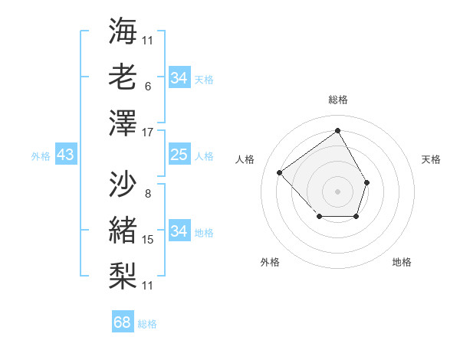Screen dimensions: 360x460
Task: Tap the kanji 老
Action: click(x=123, y=77)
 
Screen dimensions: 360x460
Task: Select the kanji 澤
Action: click(x=123, y=123)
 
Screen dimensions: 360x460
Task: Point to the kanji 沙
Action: click(x=123, y=184)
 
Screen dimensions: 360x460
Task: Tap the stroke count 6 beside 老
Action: click(x=147, y=87)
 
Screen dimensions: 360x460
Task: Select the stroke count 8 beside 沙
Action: click(x=147, y=194)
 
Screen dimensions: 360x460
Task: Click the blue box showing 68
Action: click(x=123, y=322)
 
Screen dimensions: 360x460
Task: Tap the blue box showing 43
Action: click(x=65, y=155)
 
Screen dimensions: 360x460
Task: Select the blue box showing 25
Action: click(x=179, y=155)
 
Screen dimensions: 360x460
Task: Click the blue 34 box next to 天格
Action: click(x=179, y=78)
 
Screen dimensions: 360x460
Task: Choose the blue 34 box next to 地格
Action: click(x=179, y=231)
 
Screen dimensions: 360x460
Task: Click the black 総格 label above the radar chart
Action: click(x=338, y=100)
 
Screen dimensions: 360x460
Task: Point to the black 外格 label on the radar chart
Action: click(x=270, y=263)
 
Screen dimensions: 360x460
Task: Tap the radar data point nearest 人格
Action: click(x=280, y=173)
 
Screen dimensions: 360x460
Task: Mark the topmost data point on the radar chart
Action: click(x=337, y=130)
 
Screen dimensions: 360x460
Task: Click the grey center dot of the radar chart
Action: click(x=337, y=191)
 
